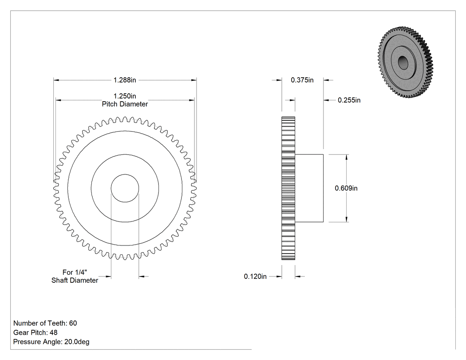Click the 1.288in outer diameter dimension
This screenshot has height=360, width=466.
click(x=125, y=80)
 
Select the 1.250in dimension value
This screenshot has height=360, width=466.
click(x=125, y=96)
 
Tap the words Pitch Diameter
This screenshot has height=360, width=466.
click(x=125, y=104)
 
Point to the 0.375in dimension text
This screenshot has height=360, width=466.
click(x=302, y=80)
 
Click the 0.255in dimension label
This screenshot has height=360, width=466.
click(x=349, y=100)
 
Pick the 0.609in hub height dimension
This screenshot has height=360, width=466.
click(x=346, y=188)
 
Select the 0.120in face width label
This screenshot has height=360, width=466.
click(x=255, y=277)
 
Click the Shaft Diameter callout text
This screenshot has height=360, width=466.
click(x=75, y=281)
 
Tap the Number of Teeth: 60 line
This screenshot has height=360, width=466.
click(x=45, y=323)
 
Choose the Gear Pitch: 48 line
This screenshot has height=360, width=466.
click(x=36, y=332)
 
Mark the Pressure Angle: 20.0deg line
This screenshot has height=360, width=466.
click(x=51, y=342)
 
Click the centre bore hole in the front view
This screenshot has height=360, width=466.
click(x=125, y=188)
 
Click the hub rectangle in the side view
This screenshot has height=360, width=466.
click(x=309, y=188)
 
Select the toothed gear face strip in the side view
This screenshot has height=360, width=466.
click(x=288, y=188)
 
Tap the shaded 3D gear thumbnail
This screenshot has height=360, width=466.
click(x=406, y=62)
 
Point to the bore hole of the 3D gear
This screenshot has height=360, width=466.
click(x=403, y=63)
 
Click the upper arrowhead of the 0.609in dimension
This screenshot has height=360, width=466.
click(x=347, y=157)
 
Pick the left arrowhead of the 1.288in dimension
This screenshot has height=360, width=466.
click(x=56, y=80)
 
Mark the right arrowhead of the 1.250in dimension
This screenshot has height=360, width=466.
click(x=192, y=100)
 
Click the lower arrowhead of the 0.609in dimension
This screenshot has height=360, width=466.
click(x=347, y=219)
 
